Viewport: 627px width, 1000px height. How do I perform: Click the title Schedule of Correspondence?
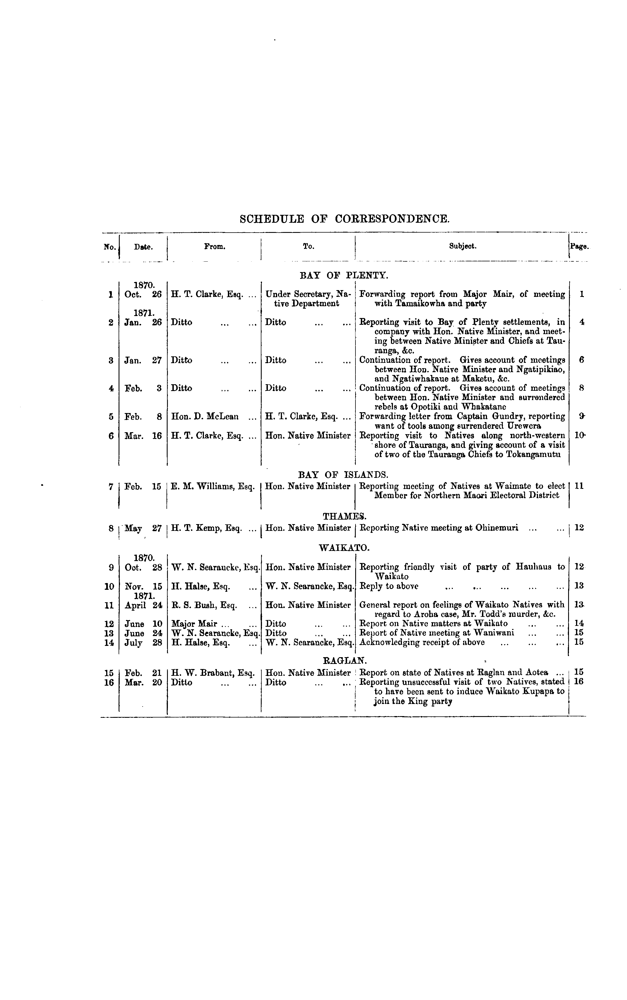pyautogui.click(x=344, y=219)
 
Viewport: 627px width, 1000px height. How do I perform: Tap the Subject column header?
pyautogui.click(x=463, y=246)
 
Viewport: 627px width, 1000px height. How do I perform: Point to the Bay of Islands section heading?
pyautogui.click(x=343, y=474)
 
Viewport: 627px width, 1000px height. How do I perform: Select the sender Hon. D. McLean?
pyautogui.click(x=205, y=416)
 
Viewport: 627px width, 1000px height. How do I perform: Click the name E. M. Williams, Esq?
pyautogui.click(x=213, y=486)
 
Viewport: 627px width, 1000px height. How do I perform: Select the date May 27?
pyautogui.click(x=143, y=528)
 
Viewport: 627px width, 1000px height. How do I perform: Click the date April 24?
pyautogui.click(x=143, y=605)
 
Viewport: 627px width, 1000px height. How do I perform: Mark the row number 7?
pyautogui.click(x=111, y=486)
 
